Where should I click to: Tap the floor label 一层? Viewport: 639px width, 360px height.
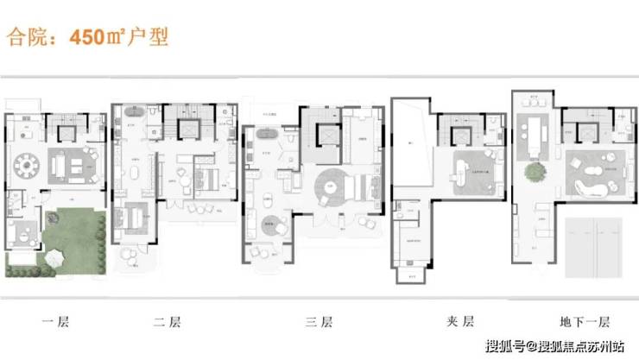click(x=55, y=324)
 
